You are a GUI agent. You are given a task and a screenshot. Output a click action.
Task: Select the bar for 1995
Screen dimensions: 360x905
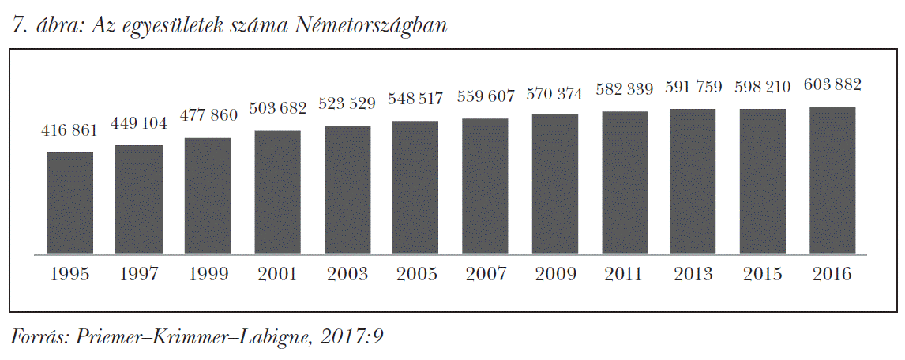point(69,204)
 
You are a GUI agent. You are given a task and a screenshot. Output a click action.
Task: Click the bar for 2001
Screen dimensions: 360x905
point(277,193)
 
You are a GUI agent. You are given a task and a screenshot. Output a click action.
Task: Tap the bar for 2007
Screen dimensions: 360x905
point(486,187)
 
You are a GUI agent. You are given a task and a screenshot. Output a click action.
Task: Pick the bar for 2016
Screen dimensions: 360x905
point(833,181)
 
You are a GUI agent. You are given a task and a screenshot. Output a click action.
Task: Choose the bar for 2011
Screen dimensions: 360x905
point(625,183)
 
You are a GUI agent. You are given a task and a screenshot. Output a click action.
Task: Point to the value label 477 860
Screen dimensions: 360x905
point(208,114)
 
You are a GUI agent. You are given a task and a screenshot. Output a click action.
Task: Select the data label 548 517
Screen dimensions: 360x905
point(416,99)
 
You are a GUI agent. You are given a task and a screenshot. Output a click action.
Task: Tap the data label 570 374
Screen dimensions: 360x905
point(555,94)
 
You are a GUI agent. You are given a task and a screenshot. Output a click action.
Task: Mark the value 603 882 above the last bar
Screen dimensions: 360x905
point(833,84)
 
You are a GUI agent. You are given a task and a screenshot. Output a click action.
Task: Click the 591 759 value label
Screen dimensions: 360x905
point(694,86)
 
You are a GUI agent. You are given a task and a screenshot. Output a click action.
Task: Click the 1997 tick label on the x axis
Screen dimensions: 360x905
point(139,275)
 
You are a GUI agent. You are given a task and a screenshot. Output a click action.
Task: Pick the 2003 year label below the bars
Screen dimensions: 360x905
point(347,275)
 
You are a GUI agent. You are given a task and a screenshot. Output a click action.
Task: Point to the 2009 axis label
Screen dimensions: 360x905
point(555,275)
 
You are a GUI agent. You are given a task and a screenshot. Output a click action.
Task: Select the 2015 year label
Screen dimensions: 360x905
point(764,275)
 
